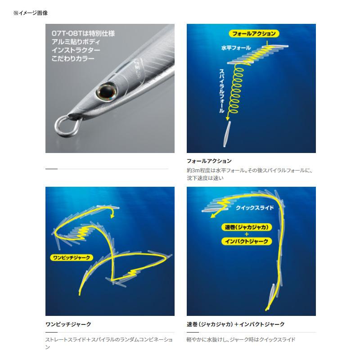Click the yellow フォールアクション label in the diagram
point(254,34)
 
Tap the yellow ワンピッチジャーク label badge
point(71,258)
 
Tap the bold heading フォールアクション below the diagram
point(209,161)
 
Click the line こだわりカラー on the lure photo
point(73,58)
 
